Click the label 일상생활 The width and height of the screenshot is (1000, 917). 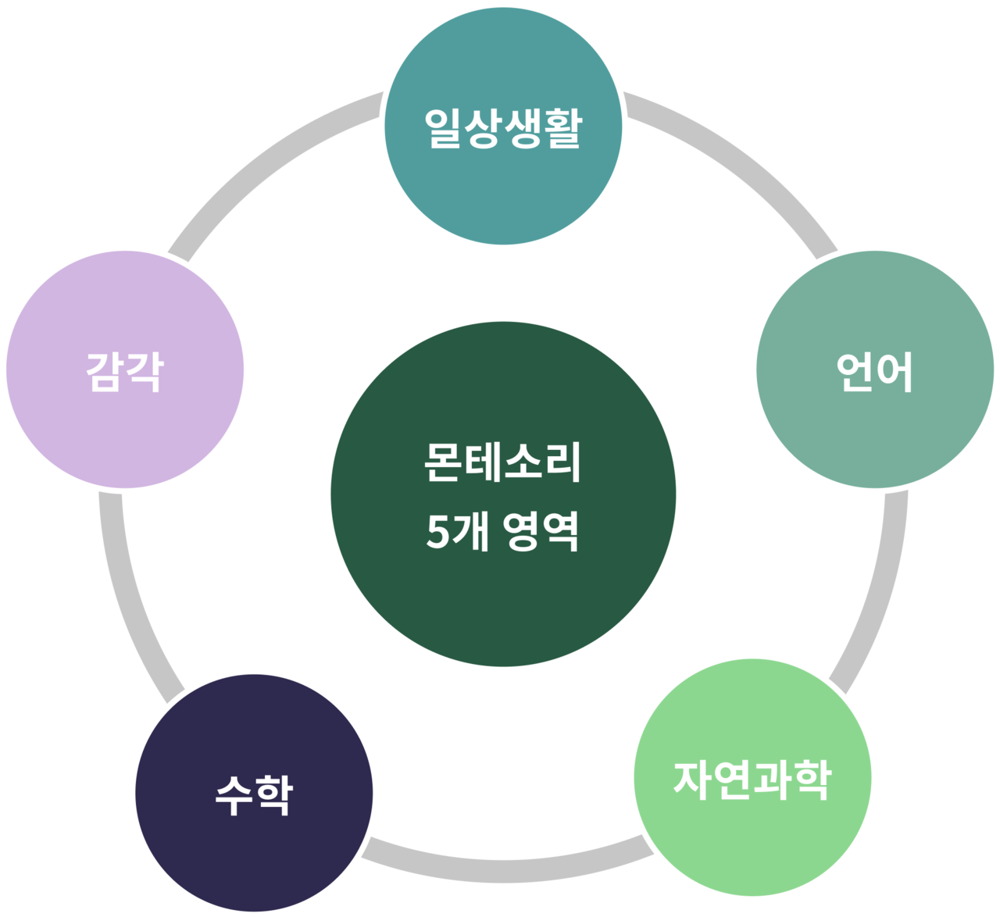click(x=503, y=128)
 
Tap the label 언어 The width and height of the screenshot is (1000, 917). click(x=874, y=372)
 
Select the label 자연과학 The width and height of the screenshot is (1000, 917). click(x=752, y=780)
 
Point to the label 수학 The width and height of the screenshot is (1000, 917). click(x=254, y=795)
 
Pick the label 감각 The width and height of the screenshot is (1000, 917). click(x=125, y=372)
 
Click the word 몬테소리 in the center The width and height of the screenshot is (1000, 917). click(x=502, y=462)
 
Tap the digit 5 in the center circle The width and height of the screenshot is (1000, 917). click(x=437, y=532)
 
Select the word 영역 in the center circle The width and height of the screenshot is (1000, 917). click(x=541, y=531)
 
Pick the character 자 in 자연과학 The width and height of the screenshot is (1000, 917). click(x=692, y=780)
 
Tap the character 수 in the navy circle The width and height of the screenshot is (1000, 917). click(x=234, y=795)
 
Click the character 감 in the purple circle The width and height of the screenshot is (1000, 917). click(x=105, y=372)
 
